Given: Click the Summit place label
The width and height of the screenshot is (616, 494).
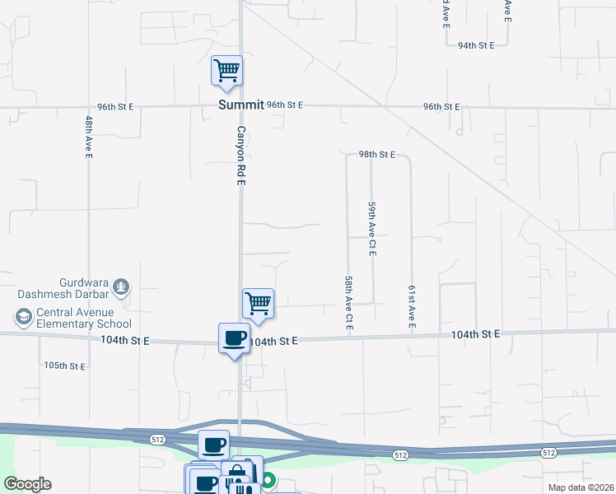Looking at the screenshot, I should pos(241,105).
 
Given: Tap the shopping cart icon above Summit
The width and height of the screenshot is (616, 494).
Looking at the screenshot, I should pos(226,70).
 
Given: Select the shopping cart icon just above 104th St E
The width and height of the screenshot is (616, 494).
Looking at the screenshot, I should pos(259,304).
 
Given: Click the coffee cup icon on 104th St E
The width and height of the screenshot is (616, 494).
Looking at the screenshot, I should pos(235,338).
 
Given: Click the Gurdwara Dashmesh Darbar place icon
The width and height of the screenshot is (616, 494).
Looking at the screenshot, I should pos(121,287).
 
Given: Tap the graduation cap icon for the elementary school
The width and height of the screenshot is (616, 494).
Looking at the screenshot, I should pos(23,317).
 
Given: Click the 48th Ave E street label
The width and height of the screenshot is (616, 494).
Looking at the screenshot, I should pos(89,137).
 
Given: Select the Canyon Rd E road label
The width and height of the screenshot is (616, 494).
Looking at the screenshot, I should pos(241,156).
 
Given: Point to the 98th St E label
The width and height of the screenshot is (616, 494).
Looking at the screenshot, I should pos(377,154).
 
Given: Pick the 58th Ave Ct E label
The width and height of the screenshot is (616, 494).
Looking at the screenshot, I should pos(350,304).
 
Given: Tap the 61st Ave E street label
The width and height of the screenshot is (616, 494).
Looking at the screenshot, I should pos(411,309).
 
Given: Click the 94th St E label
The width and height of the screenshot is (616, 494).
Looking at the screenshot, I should pos(476,45).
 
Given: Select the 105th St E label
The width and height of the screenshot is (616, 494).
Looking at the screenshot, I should pos(65,366).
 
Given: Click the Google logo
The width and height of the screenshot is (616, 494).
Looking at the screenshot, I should pos(27,484).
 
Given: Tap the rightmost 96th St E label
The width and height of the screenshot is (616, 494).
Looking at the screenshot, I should pos(441,107).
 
